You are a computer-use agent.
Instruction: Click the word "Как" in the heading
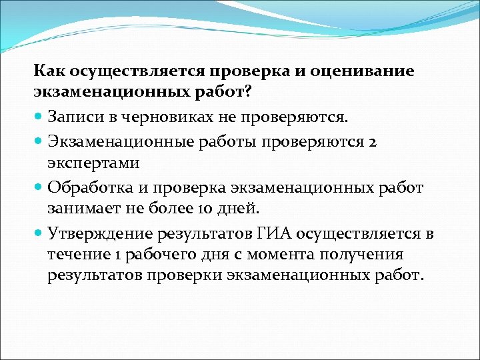(x=49, y=71)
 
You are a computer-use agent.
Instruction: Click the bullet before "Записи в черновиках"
(x=39, y=118)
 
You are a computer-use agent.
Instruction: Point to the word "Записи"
(x=75, y=117)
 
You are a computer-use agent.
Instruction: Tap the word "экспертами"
(x=89, y=163)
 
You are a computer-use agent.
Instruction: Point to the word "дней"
(x=234, y=208)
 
